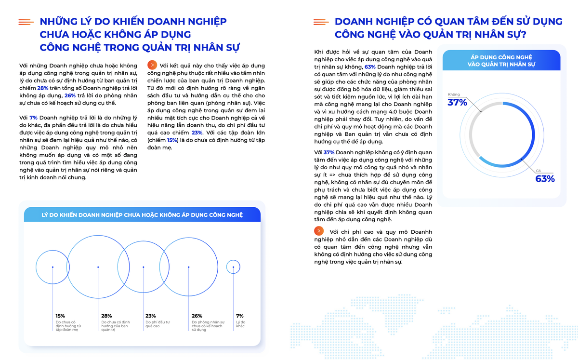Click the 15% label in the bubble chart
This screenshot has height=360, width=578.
click(60, 316)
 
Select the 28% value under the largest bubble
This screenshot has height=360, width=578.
click(106, 316)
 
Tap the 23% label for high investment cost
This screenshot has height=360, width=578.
click(151, 316)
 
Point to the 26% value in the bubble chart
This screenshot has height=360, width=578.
click(197, 316)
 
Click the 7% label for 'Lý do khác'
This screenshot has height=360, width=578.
click(239, 316)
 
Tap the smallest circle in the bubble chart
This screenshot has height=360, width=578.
click(233, 267)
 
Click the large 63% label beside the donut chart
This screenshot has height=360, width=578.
click(545, 179)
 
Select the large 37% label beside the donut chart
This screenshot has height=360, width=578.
click(457, 102)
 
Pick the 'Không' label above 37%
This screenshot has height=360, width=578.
click(454, 94)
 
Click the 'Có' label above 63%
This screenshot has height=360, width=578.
click(539, 171)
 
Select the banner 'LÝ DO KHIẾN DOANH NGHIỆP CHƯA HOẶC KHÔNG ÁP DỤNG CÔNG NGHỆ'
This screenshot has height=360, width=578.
click(142, 214)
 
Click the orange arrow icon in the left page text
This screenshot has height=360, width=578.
click(152, 65)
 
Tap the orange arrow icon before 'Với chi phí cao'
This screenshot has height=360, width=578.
click(318, 231)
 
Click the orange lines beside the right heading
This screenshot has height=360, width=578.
click(321, 22)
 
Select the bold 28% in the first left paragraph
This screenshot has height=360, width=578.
click(43, 88)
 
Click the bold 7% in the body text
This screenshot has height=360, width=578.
click(33, 117)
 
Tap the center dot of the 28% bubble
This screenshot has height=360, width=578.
click(98, 267)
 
